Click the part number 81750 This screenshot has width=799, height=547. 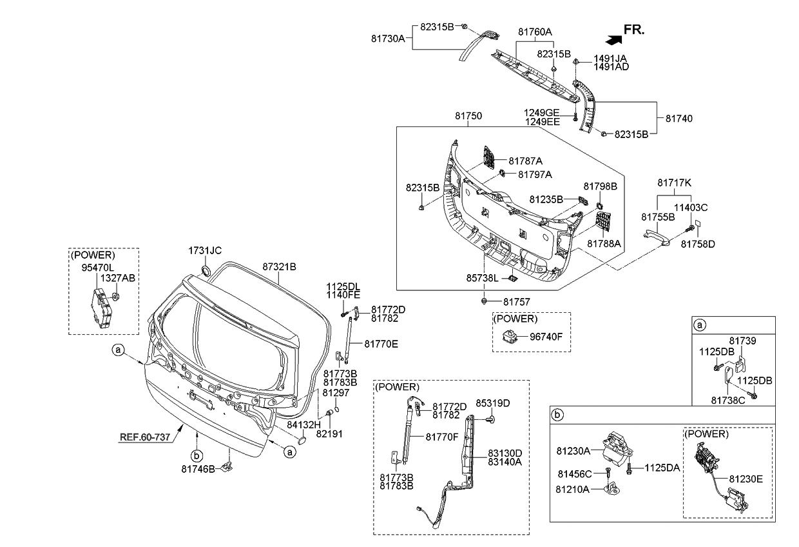coord(468,116)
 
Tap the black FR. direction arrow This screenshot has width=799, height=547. coord(615,39)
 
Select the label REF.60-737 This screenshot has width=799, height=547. coord(145,437)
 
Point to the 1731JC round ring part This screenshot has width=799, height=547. coord(207,270)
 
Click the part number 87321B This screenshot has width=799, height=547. coord(278,266)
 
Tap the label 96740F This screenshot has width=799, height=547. coord(546,335)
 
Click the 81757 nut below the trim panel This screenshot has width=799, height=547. coord(483,301)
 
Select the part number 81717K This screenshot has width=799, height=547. coord(674,183)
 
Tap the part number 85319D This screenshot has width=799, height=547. coord(493,404)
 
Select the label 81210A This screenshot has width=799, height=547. coord(572,490)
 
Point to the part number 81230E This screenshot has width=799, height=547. coord(746,479)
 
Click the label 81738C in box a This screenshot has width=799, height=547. coord(728,401)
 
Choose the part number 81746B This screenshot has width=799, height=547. coord(198,469)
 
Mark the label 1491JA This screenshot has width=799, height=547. coord(611,58)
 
